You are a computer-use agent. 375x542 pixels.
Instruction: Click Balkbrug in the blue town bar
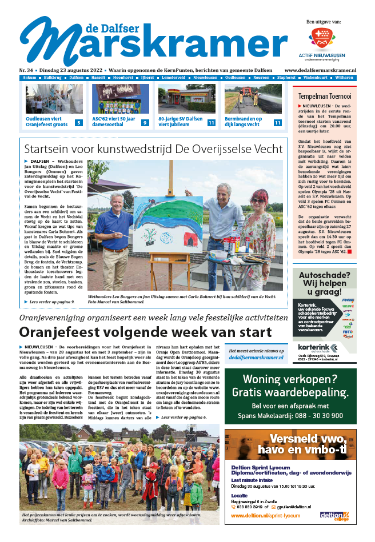53,77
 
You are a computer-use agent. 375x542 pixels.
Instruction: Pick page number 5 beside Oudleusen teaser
79,123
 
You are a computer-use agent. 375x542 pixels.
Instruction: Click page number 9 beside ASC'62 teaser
145,123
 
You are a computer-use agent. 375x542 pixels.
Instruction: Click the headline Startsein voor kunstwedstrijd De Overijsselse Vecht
153,150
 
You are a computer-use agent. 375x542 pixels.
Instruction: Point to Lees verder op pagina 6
183,417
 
